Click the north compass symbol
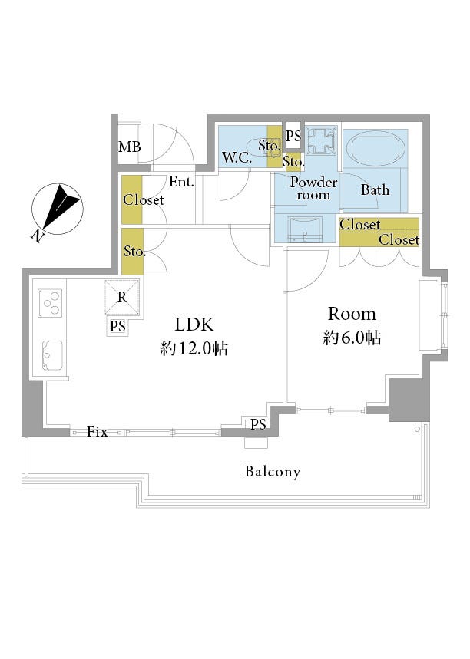pos(58,209)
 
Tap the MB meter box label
pos(129,147)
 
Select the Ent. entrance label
pos(181,182)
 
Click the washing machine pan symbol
pos(321,141)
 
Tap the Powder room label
pos(314,188)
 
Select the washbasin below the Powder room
pos(305,229)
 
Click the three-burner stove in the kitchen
pos(50,303)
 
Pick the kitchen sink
pos(52,355)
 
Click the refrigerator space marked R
pos(122,297)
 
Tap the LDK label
pos(194,325)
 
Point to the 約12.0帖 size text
pos(194,348)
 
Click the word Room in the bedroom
pos(352,314)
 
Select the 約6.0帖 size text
pos(352,338)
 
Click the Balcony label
pos(273,472)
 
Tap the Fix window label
pos(98,432)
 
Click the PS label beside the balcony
pos(258,424)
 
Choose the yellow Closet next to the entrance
pos(132,199)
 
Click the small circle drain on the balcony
pos(417,429)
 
